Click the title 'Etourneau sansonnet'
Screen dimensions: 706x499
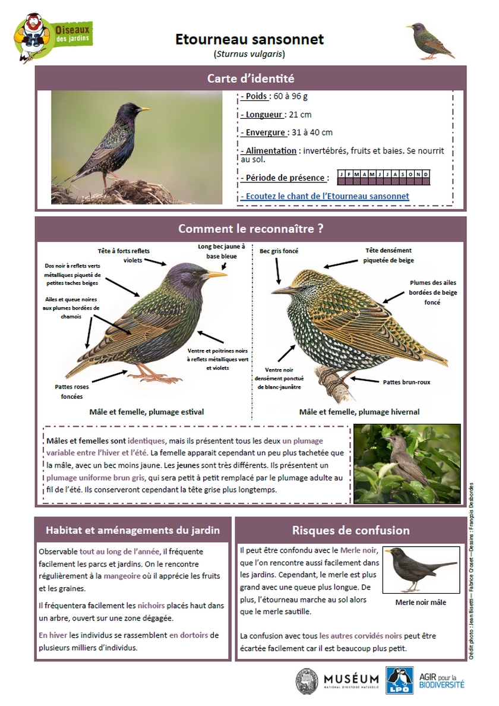[x=249, y=39]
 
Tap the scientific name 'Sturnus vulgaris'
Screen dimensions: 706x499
[x=249, y=54]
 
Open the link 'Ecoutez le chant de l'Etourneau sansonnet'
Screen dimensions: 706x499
[x=325, y=196]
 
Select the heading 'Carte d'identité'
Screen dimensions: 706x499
[x=250, y=78]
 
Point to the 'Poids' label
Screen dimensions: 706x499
[x=255, y=96]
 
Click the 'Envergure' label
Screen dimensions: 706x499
[x=264, y=133]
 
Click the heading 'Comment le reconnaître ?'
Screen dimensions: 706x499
[x=250, y=228]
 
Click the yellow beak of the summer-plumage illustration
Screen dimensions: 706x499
[x=215, y=275]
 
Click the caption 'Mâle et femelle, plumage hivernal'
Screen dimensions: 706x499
[x=359, y=412]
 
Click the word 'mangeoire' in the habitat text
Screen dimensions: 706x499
[x=123, y=576]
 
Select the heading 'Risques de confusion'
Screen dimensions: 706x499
[x=350, y=530]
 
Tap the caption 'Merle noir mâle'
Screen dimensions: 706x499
[x=421, y=603]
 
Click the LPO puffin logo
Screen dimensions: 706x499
[x=399, y=680]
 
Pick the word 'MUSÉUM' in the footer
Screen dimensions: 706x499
[x=351, y=679]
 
